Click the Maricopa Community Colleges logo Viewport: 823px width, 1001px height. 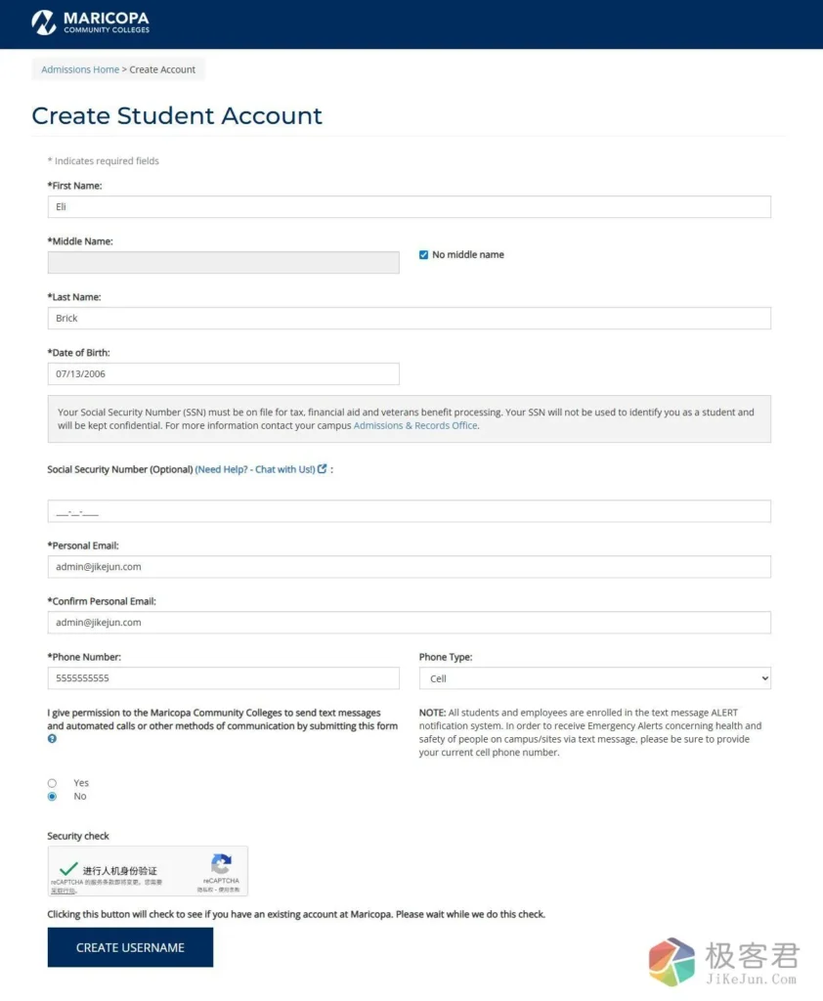pos(90,22)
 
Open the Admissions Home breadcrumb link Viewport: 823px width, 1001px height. pos(80,69)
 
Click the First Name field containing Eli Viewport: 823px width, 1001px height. pos(409,207)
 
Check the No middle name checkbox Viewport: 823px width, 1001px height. pos(423,255)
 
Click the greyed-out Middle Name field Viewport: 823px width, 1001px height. pos(223,262)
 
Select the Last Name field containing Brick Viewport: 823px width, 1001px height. pos(409,319)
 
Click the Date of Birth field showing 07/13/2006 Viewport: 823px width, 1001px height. pos(223,374)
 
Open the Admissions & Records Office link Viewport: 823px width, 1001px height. pos(415,426)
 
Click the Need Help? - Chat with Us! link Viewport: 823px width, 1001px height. pos(255,470)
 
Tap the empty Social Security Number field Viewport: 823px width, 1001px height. pos(409,511)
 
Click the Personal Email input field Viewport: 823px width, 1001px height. pos(409,567)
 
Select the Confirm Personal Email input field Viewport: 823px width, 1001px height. pos(409,623)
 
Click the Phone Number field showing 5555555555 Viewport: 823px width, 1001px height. pos(223,678)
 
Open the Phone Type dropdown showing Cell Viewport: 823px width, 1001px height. pos(594,678)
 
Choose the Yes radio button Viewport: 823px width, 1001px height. pos(52,783)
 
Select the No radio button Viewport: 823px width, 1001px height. pos(52,797)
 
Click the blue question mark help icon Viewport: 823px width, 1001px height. pos(52,739)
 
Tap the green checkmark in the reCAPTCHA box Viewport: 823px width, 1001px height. pos(68,868)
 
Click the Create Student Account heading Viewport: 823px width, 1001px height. pos(177,115)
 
